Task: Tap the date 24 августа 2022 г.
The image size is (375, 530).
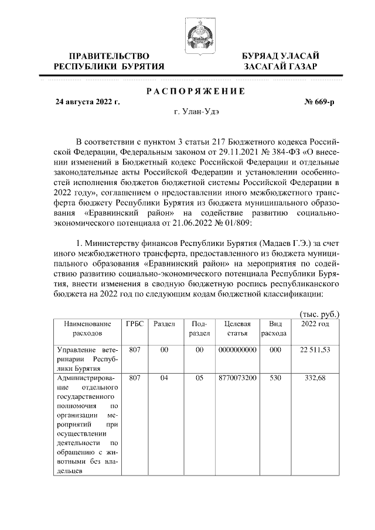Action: click(87, 102)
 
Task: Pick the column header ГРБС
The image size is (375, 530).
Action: click(135, 324)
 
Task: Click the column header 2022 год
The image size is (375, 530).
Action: click(315, 324)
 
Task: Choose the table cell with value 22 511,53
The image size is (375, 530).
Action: click(315, 350)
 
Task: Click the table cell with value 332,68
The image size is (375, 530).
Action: click(315, 378)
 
